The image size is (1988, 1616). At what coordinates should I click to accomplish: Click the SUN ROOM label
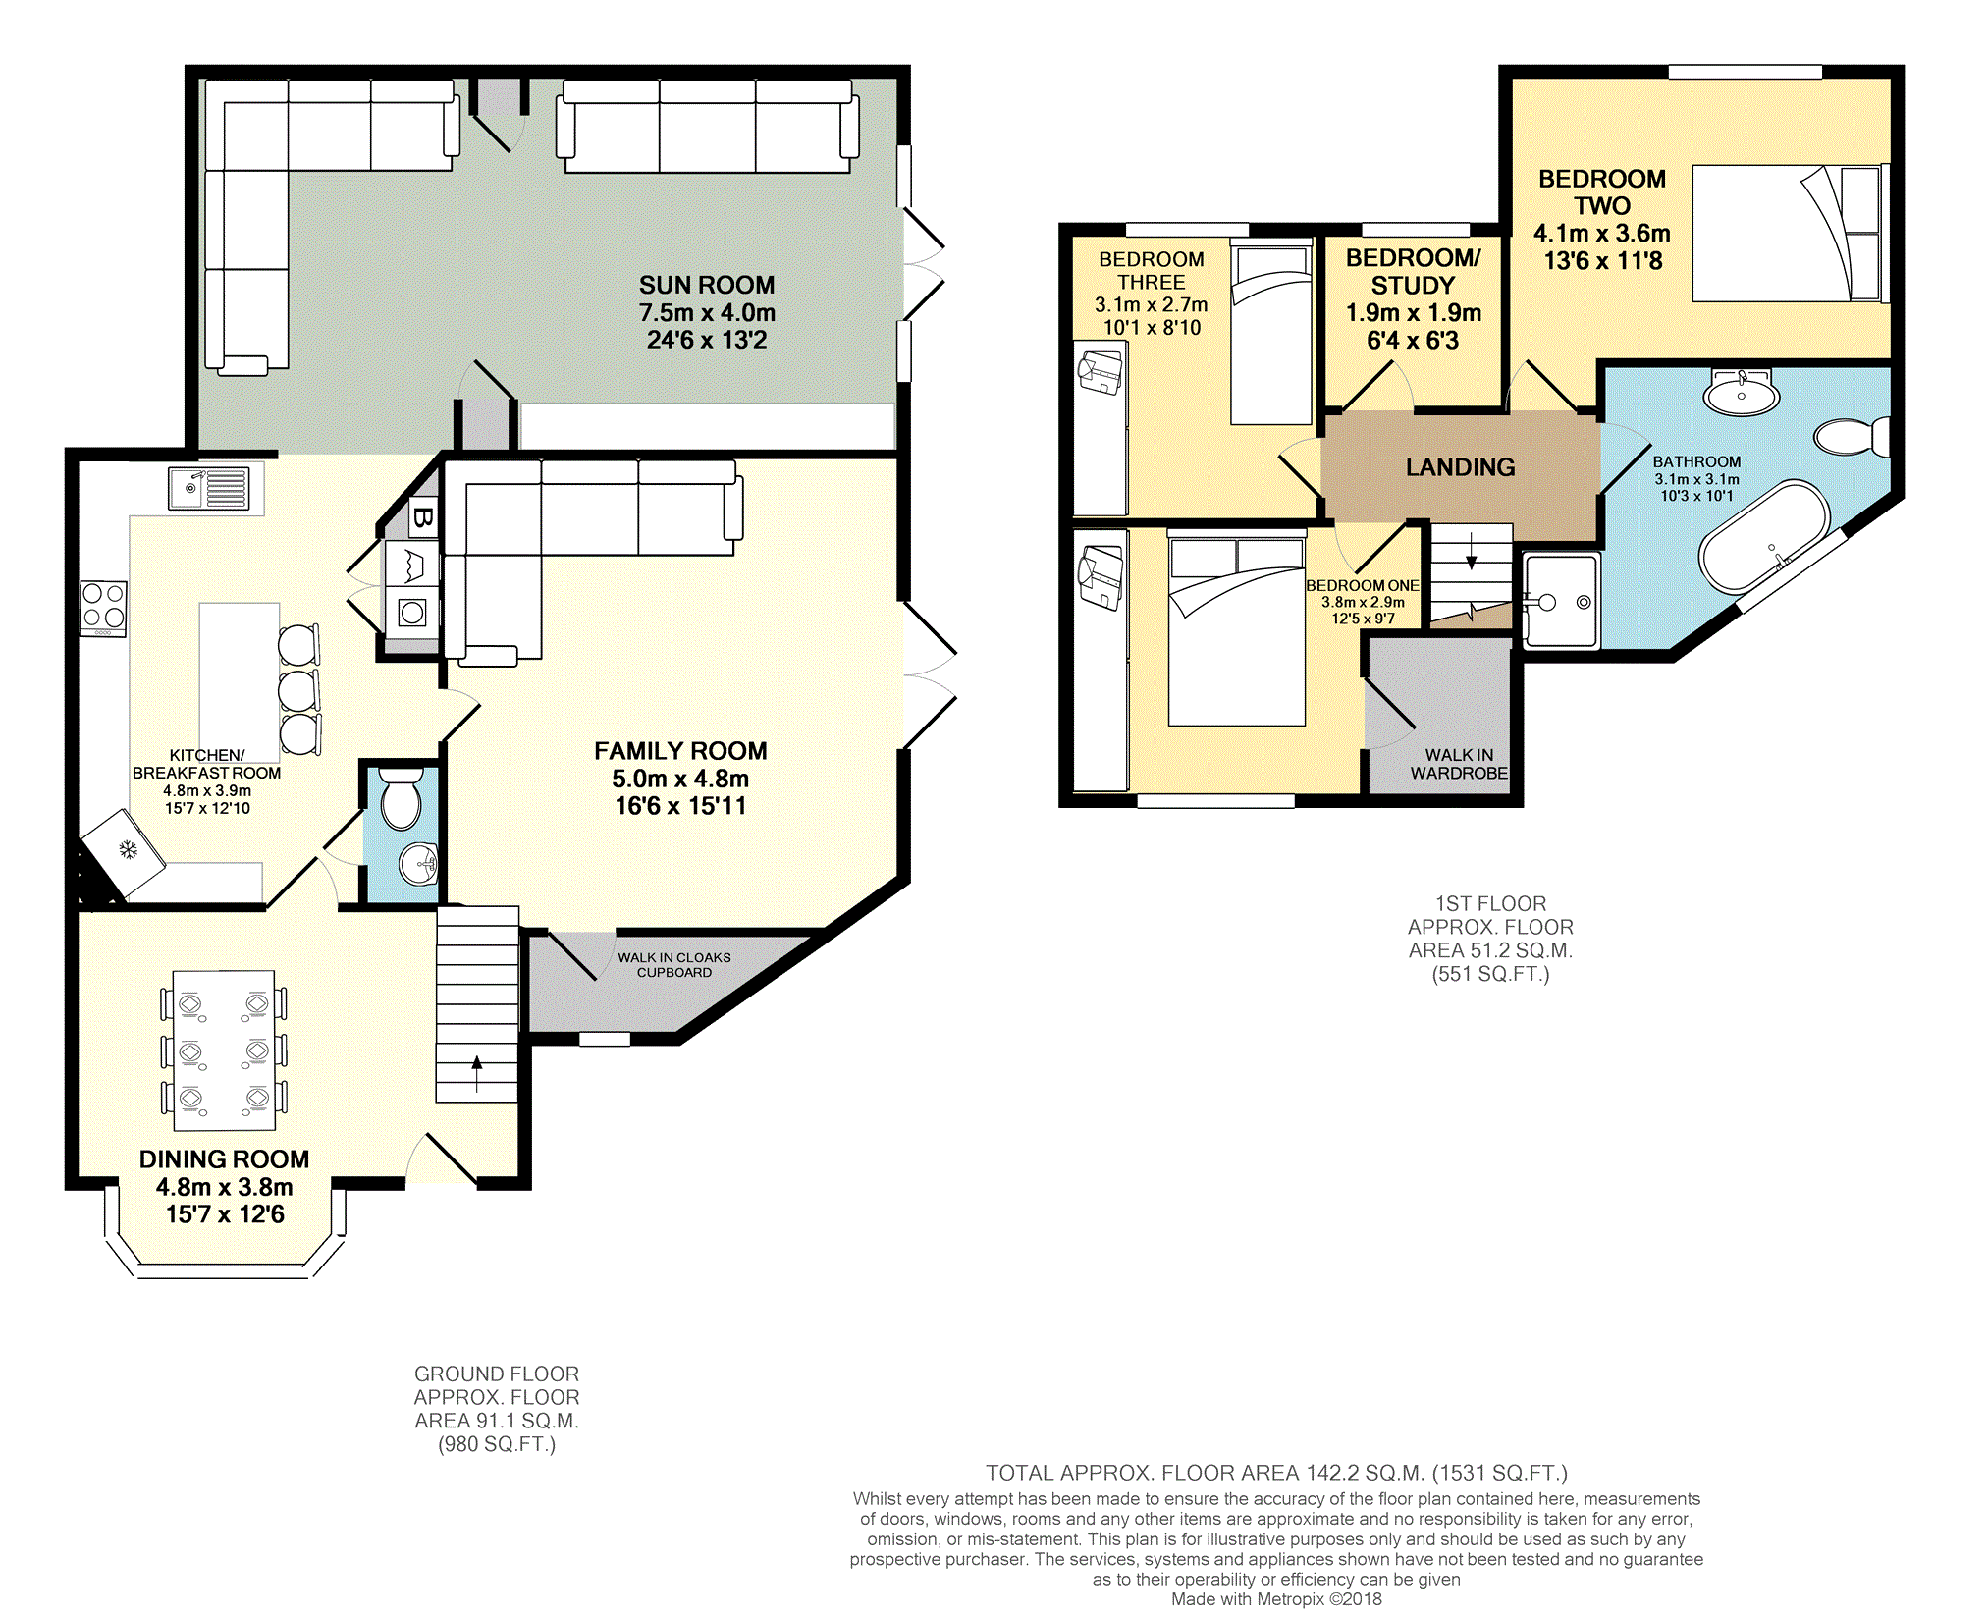pos(707,285)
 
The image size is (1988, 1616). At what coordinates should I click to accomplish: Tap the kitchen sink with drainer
pos(208,487)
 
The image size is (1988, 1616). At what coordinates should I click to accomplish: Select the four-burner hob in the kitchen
pos(103,607)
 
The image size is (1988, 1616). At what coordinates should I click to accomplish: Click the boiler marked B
pos(422,516)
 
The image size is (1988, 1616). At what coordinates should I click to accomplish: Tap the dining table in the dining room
pos(224,1050)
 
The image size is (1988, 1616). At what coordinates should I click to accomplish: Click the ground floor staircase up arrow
pos(477,1073)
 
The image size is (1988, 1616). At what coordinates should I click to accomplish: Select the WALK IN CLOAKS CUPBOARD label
pos(674,964)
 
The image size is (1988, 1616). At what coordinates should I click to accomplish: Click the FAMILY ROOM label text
pos(680,751)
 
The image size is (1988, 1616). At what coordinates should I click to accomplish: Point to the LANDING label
pos(1460,467)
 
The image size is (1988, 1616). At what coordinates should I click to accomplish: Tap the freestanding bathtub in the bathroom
pos(1764,536)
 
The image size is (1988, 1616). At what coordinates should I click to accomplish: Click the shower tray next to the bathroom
pos(1561,601)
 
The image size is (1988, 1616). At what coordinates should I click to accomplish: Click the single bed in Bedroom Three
pos(1271,334)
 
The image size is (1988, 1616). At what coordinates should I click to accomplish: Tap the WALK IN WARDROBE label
pos(1459,764)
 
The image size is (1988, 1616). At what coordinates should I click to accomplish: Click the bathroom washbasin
pos(1741,394)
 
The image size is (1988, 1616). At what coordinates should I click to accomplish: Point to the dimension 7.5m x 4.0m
pos(707,313)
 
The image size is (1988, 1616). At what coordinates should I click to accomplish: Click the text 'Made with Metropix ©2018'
pos(1276,1599)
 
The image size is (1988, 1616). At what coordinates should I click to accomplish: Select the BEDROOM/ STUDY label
pos(1413,272)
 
